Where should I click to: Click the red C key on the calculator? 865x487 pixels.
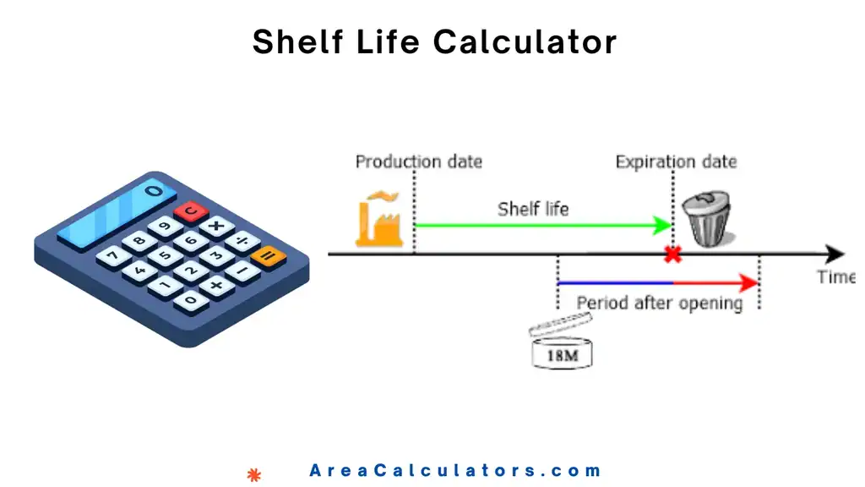[192, 211]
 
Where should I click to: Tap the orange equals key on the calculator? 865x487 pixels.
[269, 255]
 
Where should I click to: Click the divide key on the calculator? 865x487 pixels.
[243, 241]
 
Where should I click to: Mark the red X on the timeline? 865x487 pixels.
[673, 254]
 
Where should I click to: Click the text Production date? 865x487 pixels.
[418, 161]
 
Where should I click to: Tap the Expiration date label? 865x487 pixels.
[676, 161]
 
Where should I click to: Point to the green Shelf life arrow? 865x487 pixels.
[541, 225]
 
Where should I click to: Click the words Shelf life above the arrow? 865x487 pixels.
[533, 208]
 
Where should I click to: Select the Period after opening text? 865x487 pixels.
[659, 303]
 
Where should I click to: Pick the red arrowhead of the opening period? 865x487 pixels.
[747, 282]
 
